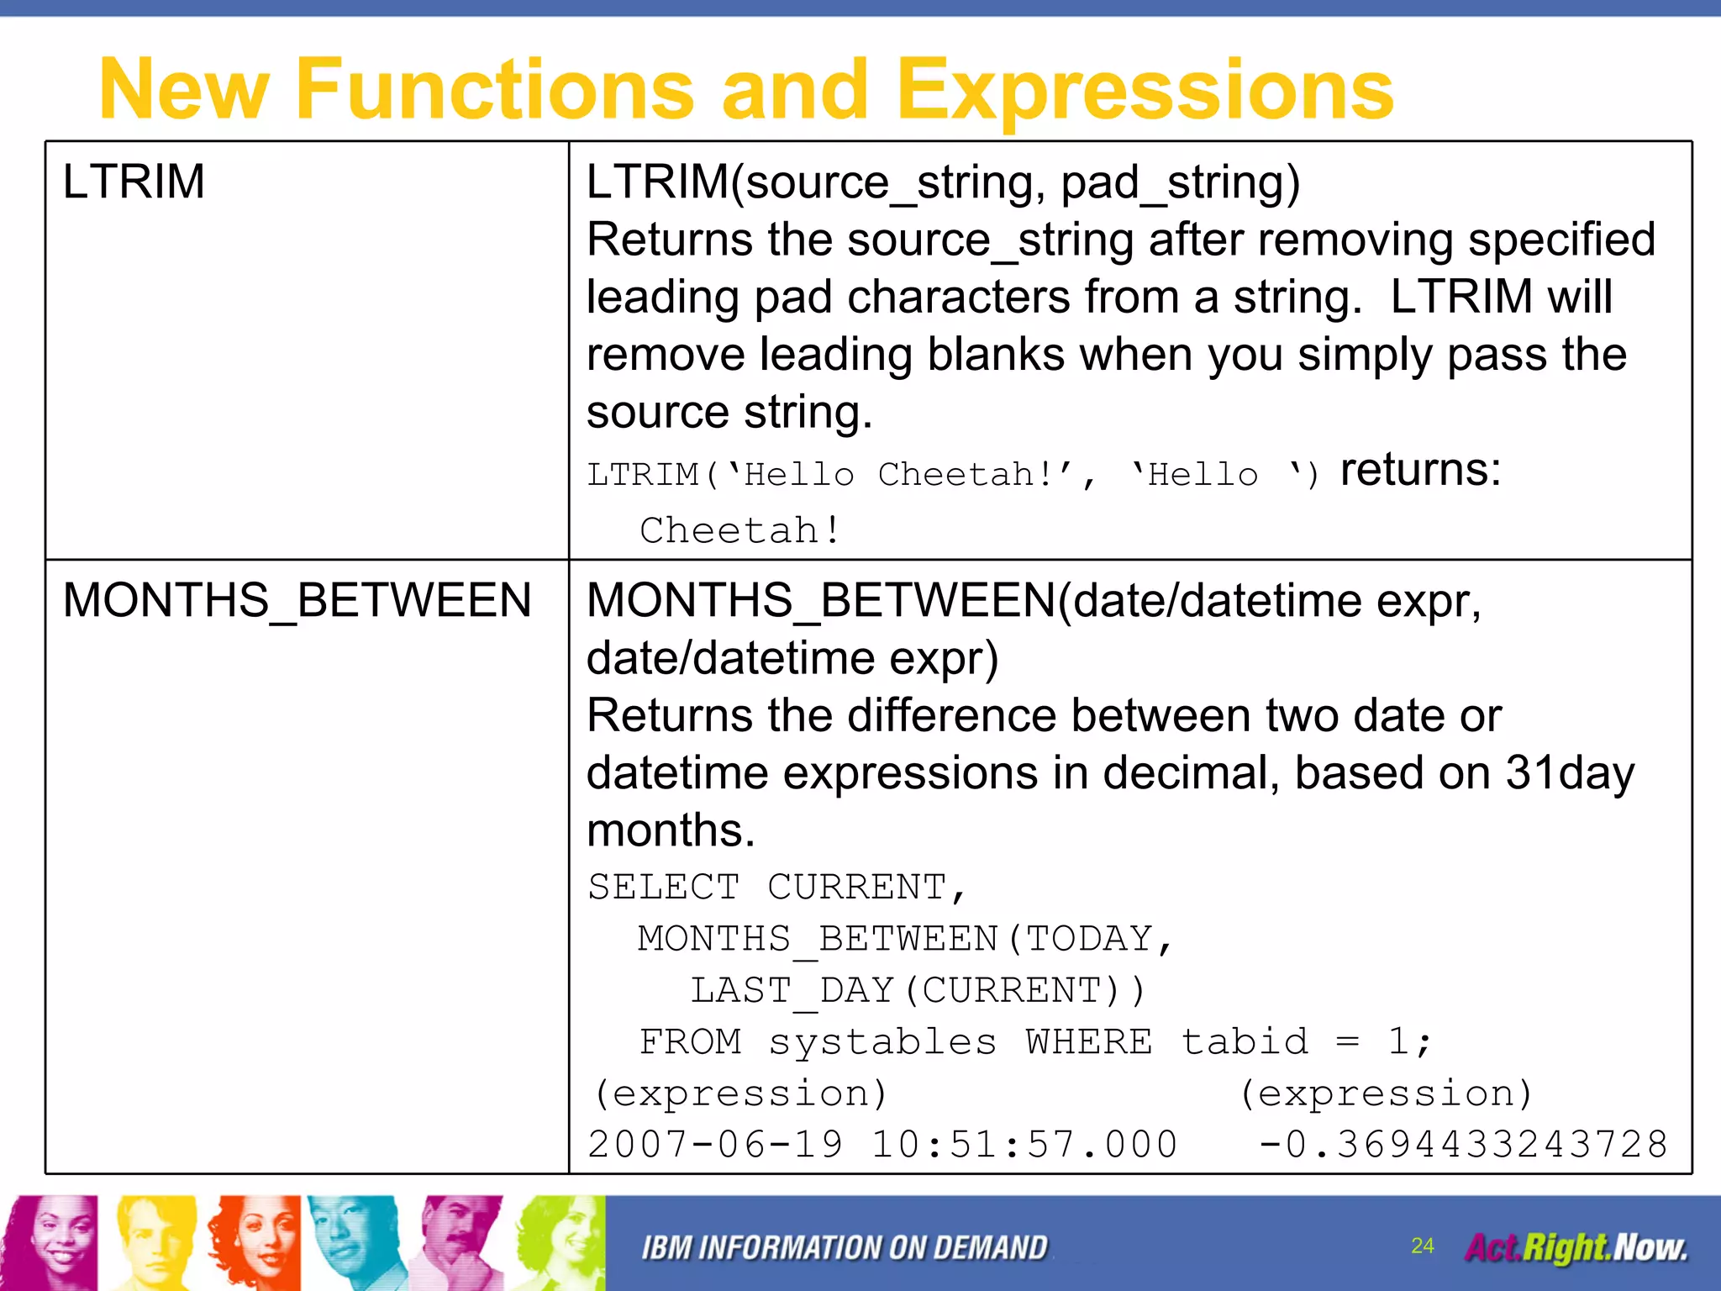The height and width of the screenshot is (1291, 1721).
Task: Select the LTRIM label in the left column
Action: tap(134, 182)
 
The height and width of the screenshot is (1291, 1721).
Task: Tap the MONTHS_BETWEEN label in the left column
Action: tap(297, 600)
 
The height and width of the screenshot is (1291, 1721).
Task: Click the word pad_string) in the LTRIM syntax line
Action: tap(1180, 182)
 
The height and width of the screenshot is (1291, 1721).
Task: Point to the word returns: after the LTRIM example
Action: tap(1420, 469)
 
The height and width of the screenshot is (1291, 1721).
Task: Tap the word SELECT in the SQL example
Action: tap(663, 888)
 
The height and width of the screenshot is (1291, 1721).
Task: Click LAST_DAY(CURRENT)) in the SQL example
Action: tap(918, 990)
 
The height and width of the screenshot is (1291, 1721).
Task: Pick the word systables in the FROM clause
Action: tap(882, 1042)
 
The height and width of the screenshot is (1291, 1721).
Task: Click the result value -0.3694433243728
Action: tap(1462, 1145)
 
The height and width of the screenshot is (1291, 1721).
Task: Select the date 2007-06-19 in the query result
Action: tap(715, 1145)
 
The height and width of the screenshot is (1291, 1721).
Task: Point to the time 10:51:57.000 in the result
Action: tap(1024, 1145)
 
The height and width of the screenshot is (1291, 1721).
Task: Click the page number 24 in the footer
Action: tap(1422, 1246)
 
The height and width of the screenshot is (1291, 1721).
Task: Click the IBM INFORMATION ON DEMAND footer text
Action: tap(844, 1248)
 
